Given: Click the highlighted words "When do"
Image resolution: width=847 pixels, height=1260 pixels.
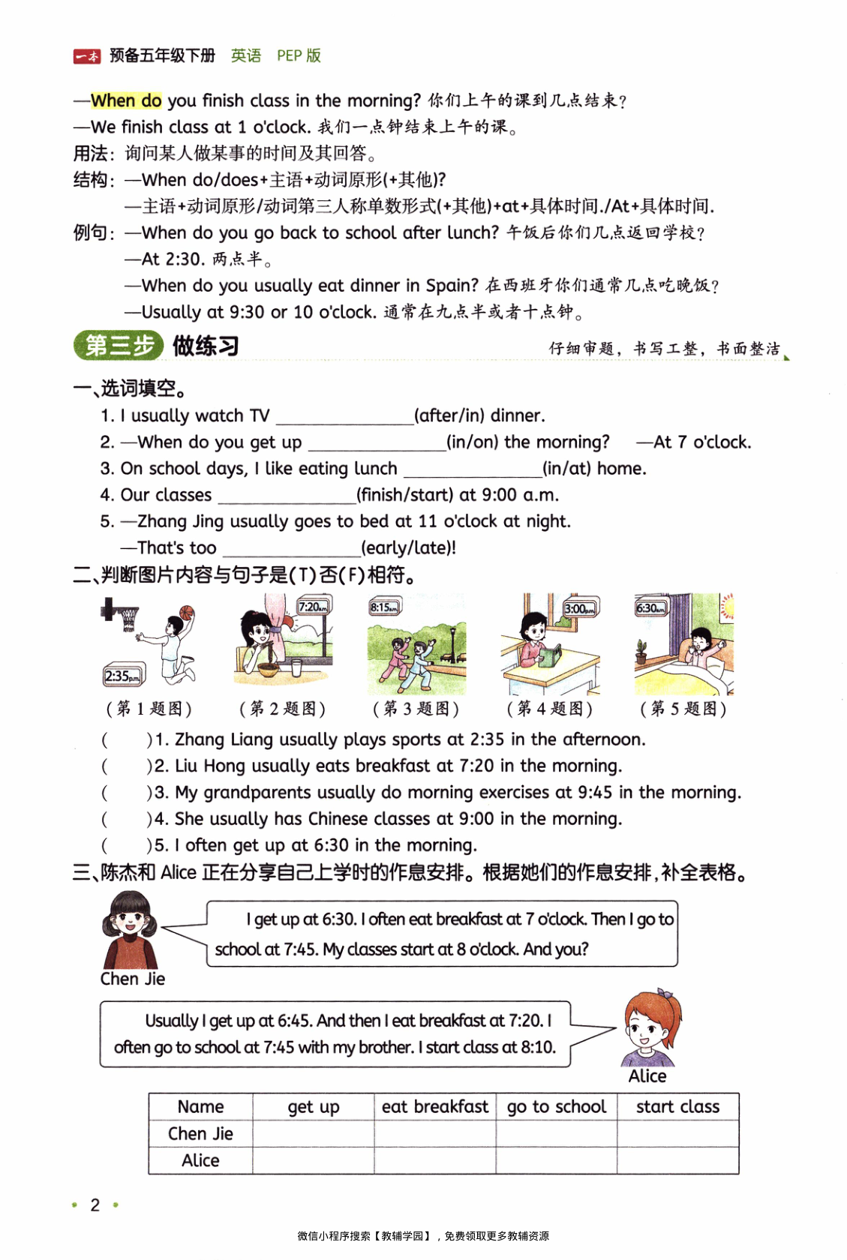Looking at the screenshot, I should tap(126, 100).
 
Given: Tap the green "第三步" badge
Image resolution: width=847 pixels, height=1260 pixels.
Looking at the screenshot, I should tap(119, 346).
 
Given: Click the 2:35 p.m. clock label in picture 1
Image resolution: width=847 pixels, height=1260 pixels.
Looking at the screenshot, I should tap(122, 676).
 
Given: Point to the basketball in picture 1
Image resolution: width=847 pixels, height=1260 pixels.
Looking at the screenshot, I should tap(187, 613).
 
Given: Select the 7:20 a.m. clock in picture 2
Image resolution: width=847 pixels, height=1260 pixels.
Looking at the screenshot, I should tap(314, 607).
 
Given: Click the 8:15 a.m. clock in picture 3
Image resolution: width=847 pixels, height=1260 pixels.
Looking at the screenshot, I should tap(385, 607).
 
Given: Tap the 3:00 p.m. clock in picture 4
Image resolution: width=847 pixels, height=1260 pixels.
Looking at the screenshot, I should tap(581, 608).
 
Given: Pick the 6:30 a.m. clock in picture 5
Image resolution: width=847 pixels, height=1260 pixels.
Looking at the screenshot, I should tap(650, 607).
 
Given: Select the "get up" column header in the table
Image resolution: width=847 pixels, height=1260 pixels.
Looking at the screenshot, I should tap(314, 1107).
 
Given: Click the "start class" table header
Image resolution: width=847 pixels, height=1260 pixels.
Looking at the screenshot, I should tap(677, 1107).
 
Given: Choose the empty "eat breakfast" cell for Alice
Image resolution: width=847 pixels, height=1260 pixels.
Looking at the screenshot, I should tap(435, 1161).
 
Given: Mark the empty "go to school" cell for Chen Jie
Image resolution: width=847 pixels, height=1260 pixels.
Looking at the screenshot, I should tap(557, 1133).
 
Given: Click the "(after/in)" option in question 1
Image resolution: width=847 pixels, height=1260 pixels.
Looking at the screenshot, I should tap(443, 415).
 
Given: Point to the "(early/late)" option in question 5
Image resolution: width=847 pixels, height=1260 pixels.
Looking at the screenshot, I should tap(409, 548).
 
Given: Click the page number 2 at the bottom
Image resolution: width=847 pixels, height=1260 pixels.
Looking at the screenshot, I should tap(95, 1204).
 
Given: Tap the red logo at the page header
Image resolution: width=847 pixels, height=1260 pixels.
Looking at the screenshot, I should tap(86, 56).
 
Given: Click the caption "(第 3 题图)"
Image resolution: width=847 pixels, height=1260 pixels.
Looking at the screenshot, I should tap(416, 709).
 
